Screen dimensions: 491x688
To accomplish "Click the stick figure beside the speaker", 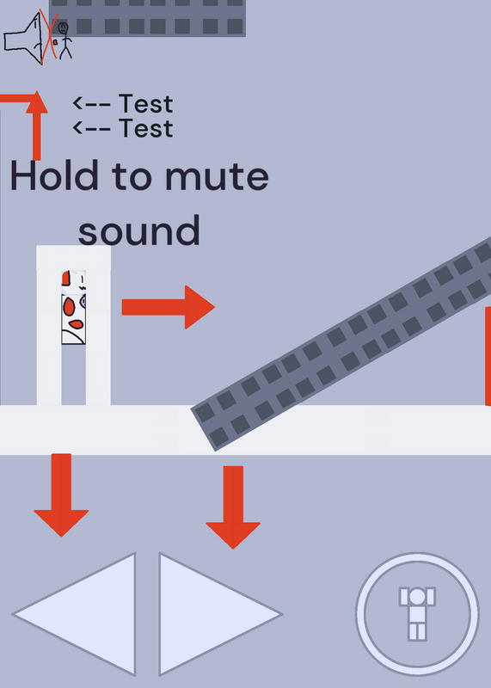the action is [x=64, y=40].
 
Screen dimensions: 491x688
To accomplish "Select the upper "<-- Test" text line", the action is [x=123, y=104].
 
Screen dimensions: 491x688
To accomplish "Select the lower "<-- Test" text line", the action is [x=123, y=128].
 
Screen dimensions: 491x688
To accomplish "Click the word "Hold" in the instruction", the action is [x=54, y=175].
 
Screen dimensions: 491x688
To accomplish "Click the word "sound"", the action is [x=139, y=230].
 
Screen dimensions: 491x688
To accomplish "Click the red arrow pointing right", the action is [x=169, y=307].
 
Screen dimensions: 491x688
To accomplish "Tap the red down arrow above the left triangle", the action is [x=61, y=495].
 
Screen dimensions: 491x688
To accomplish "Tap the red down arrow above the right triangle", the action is [x=233, y=507].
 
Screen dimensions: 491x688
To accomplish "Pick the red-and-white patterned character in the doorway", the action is [x=73, y=307].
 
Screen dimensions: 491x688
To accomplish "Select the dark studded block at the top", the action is [x=147, y=17].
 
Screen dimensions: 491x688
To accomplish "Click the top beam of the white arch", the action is [x=73, y=257].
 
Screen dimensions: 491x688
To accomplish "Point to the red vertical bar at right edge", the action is [x=488, y=356].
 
